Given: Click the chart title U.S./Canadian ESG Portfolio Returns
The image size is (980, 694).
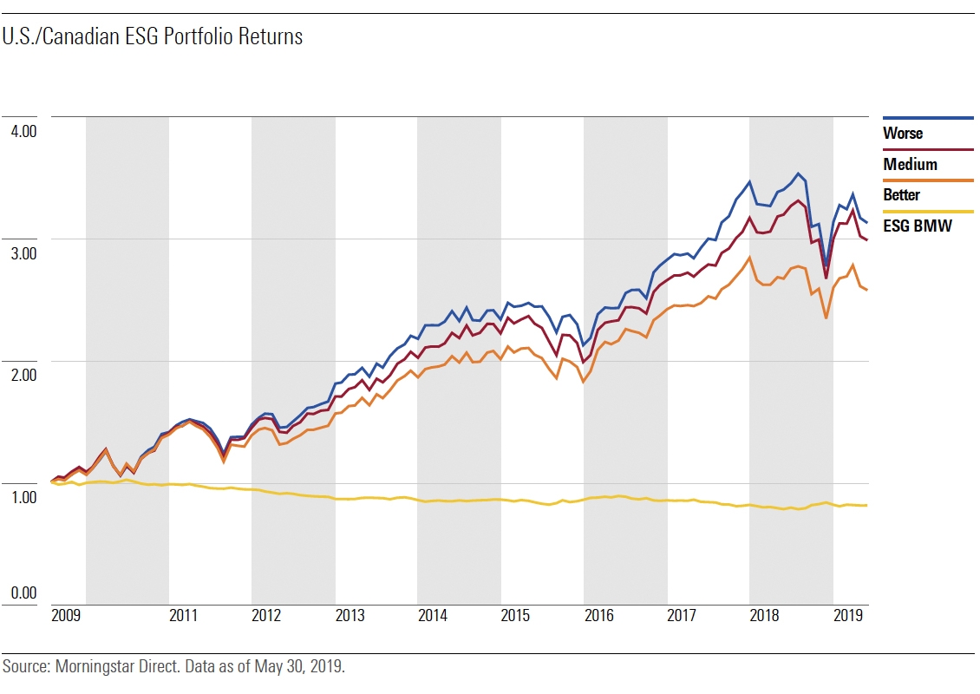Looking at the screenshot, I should [153, 37].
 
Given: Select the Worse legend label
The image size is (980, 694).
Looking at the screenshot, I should [903, 134].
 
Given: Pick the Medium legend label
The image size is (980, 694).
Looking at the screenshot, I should [910, 165].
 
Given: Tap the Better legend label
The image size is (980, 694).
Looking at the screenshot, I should [901, 195].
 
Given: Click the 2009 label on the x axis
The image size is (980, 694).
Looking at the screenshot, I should [66, 617].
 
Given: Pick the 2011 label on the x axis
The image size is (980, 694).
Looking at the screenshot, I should [183, 617].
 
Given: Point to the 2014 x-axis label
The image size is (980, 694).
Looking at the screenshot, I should [432, 617].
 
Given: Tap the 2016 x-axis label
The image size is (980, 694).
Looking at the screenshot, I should [598, 617].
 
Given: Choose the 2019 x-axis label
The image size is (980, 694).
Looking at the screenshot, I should [847, 617].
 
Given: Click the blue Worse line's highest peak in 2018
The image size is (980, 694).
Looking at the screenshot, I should [799, 173].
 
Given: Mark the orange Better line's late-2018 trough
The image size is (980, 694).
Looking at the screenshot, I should [826, 318].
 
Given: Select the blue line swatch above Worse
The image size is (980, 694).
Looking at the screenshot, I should [928, 118].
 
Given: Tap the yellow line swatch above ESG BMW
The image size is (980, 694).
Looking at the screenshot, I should [928, 211].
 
